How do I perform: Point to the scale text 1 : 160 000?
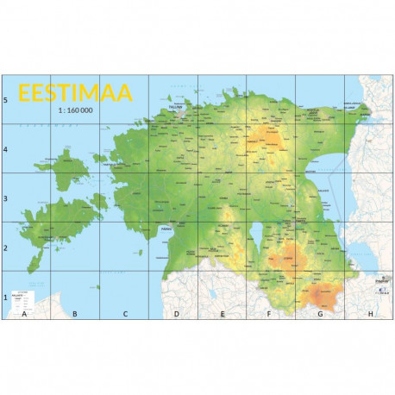74,111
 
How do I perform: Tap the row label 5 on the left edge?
5,100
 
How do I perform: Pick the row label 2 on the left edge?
5,248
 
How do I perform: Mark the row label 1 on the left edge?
5,298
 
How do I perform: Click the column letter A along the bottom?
25,314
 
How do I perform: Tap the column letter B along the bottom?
75,314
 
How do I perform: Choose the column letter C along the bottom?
125,314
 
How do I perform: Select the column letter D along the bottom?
176,314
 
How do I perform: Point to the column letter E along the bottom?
223,314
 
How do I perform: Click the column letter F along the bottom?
270,314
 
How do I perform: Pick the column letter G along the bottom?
320,314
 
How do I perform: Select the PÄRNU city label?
166,229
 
